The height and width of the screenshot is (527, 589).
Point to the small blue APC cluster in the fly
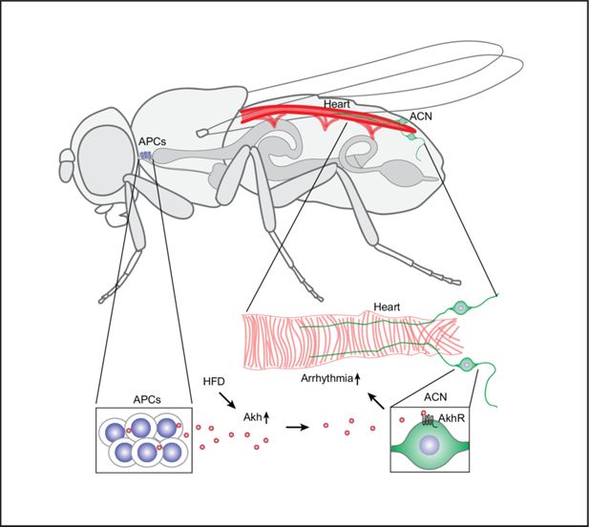coord(147,155)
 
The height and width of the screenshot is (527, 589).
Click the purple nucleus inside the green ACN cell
coord(431,446)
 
